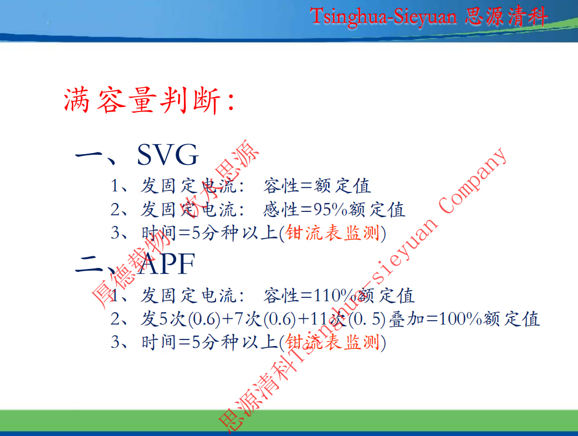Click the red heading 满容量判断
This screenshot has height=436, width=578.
[x=142, y=100]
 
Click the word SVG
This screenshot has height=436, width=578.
[x=168, y=155]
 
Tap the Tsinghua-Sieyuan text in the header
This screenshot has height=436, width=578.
[x=383, y=17]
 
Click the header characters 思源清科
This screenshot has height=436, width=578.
[x=506, y=16]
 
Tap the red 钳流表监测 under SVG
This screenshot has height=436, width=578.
[x=333, y=233]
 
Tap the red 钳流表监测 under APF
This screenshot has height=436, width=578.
[x=333, y=342]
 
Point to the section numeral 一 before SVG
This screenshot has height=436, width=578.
[x=89, y=155]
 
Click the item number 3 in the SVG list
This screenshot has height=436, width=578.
[x=115, y=233]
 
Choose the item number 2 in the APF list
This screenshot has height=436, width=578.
[x=115, y=319]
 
